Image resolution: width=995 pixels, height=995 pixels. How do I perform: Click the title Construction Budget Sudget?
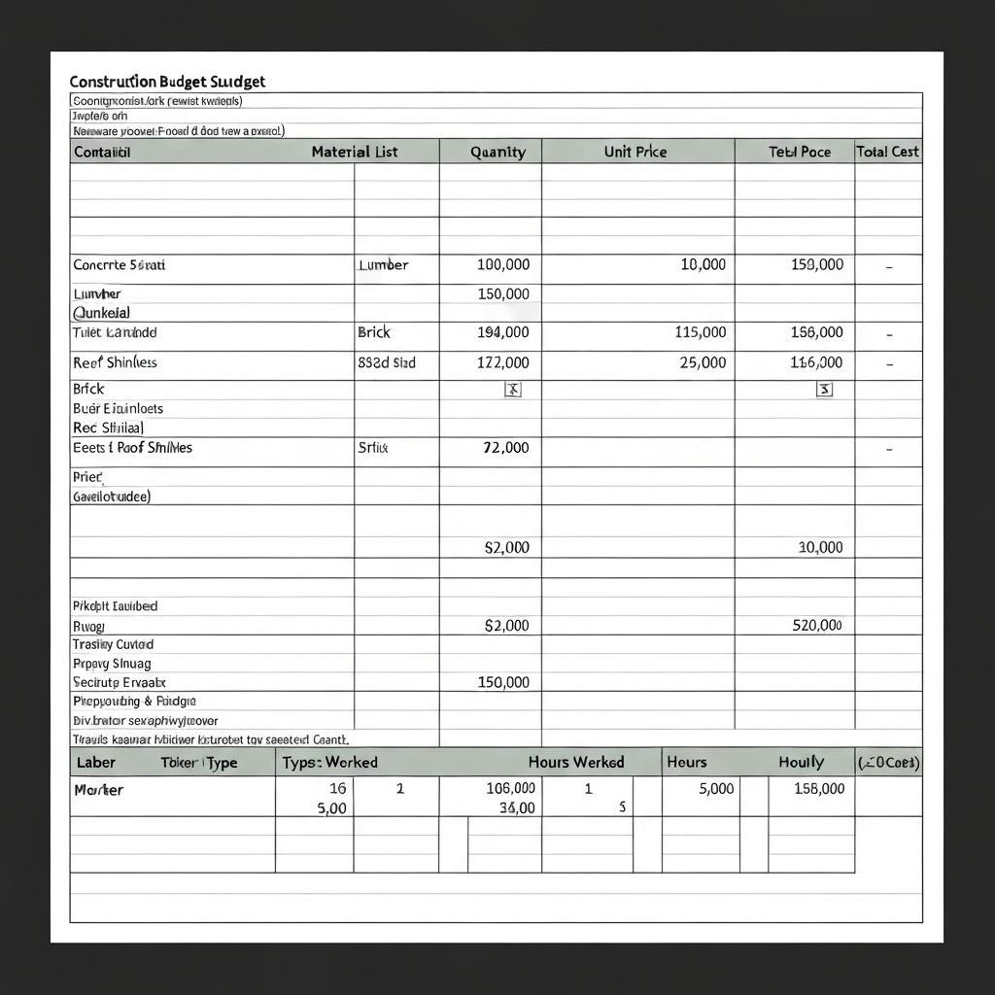coord(167,82)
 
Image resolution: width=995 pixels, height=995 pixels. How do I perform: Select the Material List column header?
coord(355,152)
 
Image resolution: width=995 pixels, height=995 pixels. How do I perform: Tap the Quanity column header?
coord(497,152)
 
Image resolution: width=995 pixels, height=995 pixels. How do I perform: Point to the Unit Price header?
coord(635,152)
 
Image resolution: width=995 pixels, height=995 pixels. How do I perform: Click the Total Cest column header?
coord(887,152)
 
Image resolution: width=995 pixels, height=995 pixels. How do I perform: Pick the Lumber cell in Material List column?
coord(383,264)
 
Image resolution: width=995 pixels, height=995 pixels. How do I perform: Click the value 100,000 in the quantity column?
coord(503,264)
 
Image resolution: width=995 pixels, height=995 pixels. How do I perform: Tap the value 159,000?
coord(817,264)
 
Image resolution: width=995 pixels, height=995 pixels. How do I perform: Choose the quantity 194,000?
coord(503,332)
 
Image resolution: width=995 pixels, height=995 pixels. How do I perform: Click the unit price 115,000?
coord(700,332)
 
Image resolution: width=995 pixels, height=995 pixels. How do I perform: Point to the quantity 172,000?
coord(503,362)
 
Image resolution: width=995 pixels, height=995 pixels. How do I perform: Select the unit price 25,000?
coord(703,362)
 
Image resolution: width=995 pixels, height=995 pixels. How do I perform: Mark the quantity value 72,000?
coord(506,448)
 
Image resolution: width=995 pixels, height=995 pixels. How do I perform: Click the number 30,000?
coord(820,547)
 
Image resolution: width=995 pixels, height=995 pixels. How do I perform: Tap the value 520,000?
coord(817,626)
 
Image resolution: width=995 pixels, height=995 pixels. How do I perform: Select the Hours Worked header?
coord(576,762)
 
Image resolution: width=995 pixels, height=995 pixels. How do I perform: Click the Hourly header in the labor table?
coord(801,762)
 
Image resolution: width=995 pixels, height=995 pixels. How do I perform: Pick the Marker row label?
coord(98,790)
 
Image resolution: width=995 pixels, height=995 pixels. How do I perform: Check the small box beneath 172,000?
coord(514,390)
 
